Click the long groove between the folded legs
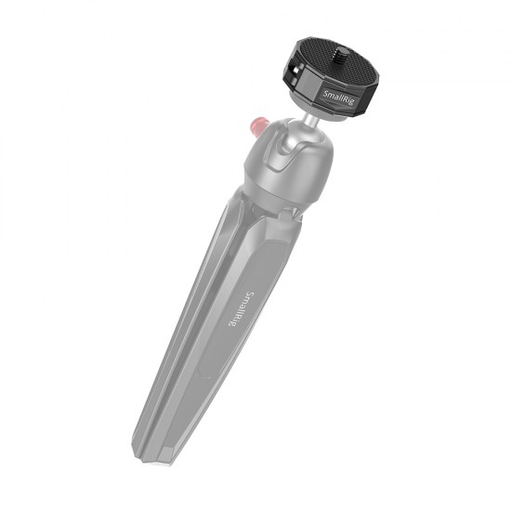click(x=200, y=316)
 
